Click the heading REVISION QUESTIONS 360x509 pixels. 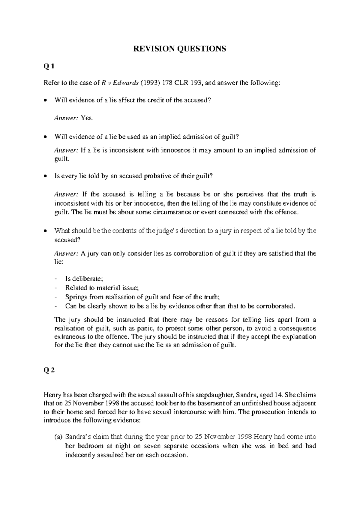click(179, 49)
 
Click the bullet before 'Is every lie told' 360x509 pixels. click(45, 176)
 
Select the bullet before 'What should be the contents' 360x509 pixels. click(45, 231)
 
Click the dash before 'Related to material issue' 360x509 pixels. click(56, 288)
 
